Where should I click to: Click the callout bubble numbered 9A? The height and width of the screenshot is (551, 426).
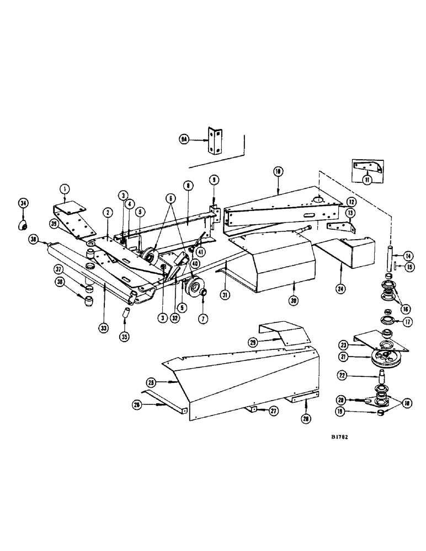[184, 141]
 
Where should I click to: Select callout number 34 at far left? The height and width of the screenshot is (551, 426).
[23, 203]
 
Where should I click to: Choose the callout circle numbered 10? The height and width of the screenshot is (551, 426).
[277, 172]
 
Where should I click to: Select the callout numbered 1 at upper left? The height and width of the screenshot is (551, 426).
[65, 188]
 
